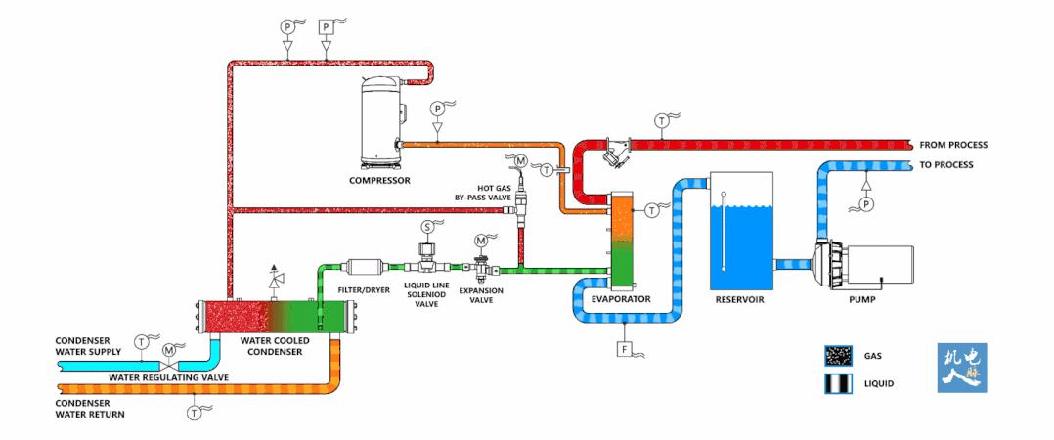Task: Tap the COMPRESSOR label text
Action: click(379, 181)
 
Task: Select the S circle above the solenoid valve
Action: click(426, 226)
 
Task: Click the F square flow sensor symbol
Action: click(622, 347)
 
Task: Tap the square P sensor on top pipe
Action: click(326, 28)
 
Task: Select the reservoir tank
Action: click(739, 231)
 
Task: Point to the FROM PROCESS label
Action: click(953, 145)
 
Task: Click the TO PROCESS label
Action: click(946, 164)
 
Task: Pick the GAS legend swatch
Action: click(837, 356)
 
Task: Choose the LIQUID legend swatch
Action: click(837, 383)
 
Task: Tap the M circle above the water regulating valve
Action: click(168, 349)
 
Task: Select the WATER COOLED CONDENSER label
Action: click(275, 346)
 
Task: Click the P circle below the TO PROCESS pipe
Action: click(863, 204)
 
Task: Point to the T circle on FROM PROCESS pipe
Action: click(661, 121)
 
